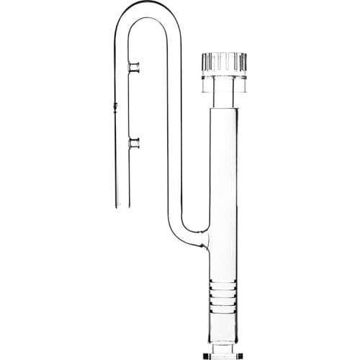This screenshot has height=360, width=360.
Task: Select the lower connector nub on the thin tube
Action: coord(132,143)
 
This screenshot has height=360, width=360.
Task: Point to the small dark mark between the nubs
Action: coord(115,108)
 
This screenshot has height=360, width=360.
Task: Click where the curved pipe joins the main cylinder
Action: coord(207,238)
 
